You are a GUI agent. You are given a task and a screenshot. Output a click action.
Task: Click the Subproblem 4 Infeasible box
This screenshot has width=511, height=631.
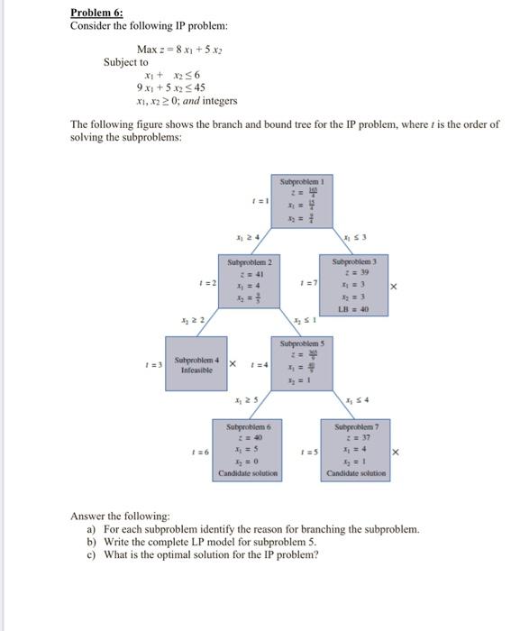pyautogui.click(x=195, y=364)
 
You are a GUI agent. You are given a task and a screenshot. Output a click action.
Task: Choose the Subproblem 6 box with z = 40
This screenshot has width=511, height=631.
pyautogui.click(x=248, y=449)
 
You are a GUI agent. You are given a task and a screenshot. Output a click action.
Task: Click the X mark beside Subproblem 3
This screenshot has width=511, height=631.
pyautogui.click(x=394, y=286)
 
